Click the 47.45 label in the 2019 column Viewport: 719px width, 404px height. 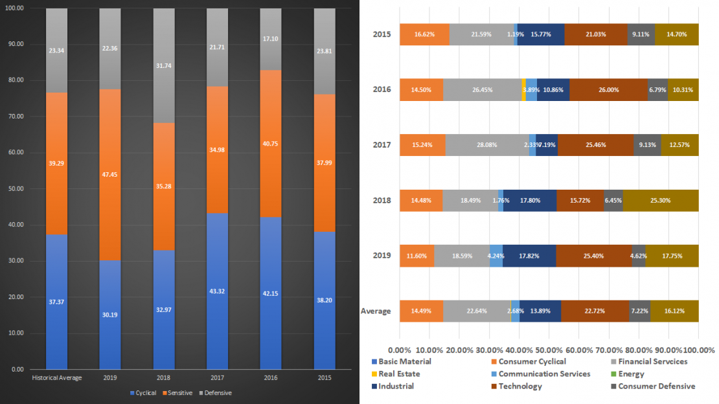tap(109, 174)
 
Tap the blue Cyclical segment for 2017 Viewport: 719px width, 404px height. tap(217, 291)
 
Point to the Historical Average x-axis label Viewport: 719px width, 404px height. tap(57, 377)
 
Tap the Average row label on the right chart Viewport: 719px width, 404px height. tap(376, 311)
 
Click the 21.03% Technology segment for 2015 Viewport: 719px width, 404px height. tap(595, 34)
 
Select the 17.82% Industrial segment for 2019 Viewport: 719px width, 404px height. tap(529, 255)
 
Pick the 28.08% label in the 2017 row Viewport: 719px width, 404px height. tap(486, 145)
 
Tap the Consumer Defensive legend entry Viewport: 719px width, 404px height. tap(656, 386)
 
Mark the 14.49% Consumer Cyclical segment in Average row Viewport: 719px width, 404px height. tap(421, 311)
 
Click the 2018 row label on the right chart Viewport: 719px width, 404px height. tap(380, 200)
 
